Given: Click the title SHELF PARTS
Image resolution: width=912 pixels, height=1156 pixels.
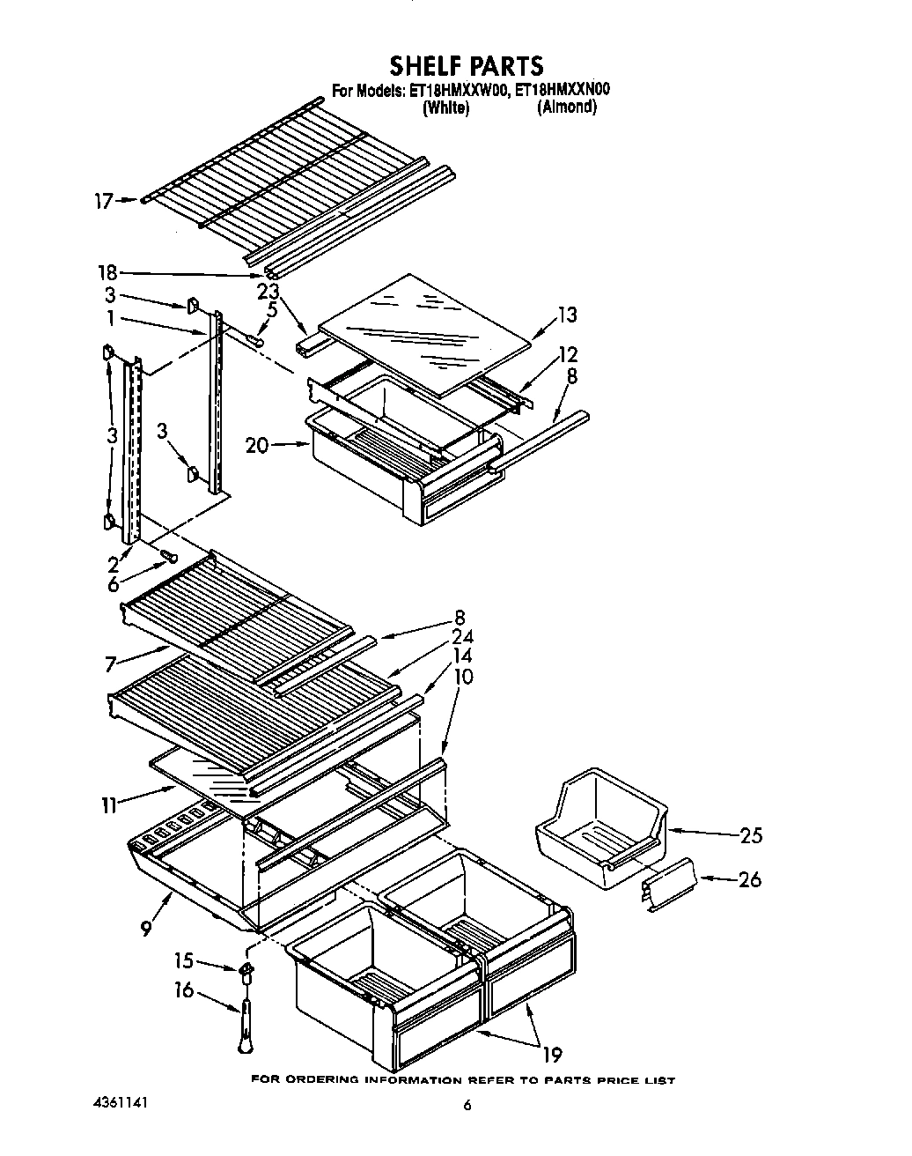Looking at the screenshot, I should (x=467, y=65).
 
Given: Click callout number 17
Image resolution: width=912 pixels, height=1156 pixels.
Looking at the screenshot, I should (x=104, y=201).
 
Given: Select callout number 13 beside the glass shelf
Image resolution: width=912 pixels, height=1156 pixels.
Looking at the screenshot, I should (x=567, y=315).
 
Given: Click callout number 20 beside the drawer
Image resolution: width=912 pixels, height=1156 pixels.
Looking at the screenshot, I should (x=257, y=446).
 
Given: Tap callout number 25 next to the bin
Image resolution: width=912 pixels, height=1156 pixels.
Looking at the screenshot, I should (x=750, y=835).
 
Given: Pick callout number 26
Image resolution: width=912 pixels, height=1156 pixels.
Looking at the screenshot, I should (x=750, y=879).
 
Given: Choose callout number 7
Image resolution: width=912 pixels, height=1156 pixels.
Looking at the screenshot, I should (x=112, y=665).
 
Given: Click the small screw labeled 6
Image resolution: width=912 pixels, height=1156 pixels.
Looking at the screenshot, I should (x=168, y=557).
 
